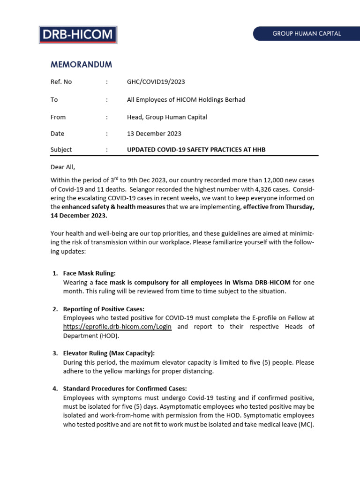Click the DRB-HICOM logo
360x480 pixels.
77,35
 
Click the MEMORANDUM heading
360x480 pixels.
81,64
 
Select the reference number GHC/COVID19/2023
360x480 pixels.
156,82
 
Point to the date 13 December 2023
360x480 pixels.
154,134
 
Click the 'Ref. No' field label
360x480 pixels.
61,82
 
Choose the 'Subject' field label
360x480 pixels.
61,150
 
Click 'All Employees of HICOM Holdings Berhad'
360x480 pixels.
186,99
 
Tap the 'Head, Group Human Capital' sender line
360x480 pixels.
167,117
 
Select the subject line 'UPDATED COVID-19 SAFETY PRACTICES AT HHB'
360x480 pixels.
199,150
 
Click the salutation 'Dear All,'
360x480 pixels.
63,167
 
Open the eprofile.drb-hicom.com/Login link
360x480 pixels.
117,327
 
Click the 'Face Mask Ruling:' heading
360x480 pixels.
89,273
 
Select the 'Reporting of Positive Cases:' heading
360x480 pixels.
104,309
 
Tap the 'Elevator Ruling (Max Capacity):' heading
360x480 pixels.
109,353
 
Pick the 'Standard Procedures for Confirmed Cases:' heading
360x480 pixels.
125,389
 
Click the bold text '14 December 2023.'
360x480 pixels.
79,216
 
